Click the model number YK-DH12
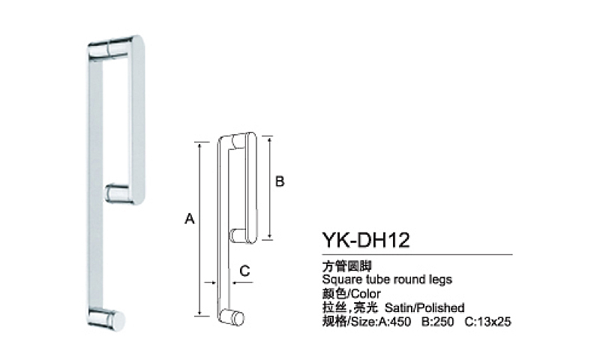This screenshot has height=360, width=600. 366,240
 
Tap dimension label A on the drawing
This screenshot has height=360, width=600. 190,219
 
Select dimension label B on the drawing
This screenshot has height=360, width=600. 280,181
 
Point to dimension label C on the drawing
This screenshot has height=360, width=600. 244,271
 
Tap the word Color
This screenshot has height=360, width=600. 365,294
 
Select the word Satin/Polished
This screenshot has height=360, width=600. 424,307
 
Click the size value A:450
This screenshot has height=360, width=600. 394,321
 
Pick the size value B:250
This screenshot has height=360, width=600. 437,321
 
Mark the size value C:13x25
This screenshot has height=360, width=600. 488,321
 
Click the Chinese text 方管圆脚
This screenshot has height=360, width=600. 346,265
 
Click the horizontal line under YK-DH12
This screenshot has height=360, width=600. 417,254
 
